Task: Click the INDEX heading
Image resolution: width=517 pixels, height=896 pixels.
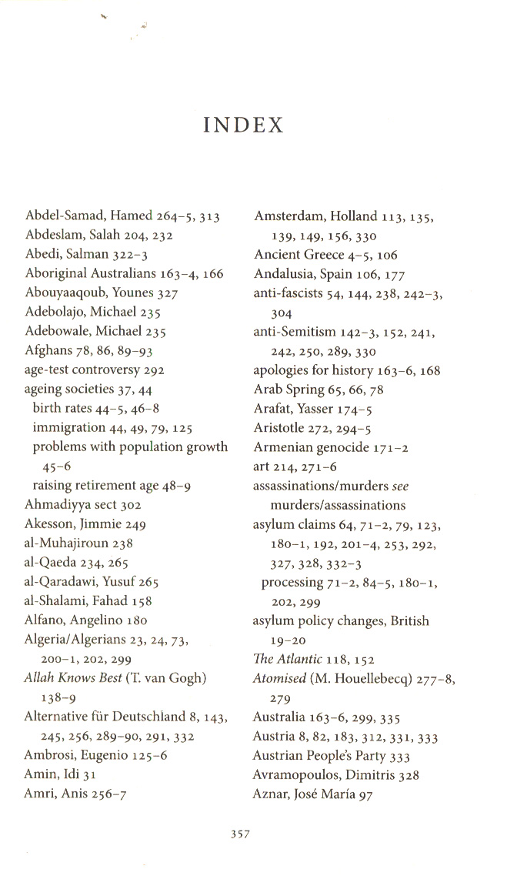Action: (244, 125)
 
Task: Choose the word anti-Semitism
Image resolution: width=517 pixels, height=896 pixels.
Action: (295, 333)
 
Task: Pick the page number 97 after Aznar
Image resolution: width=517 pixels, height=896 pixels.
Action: (365, 794)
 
